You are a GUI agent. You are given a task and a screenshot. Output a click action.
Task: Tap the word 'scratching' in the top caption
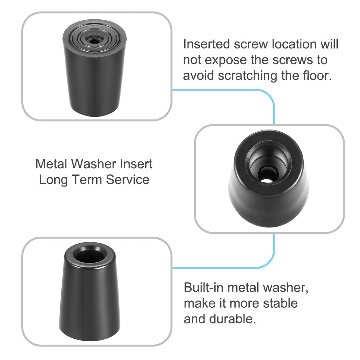click(248, 76)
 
